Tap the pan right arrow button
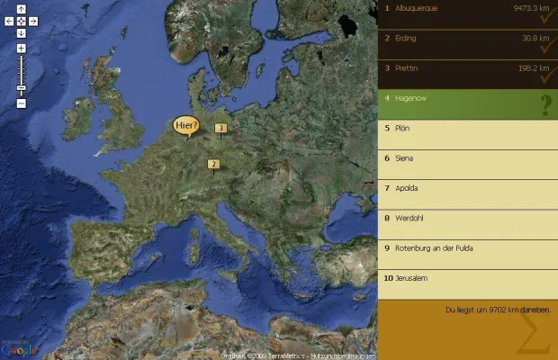(32, 21)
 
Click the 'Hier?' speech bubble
(185, 125)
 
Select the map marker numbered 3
(220, 129)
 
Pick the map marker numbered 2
(213, 164)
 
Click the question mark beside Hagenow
(544, 106)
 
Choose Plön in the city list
(402, 128)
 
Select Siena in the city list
(405, 157)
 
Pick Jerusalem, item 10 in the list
(410, 278)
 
